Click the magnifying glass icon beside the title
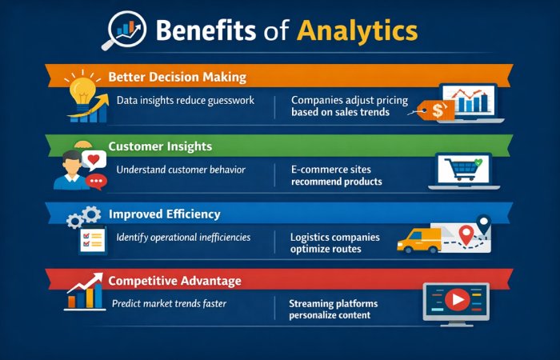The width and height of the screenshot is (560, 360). click(x=122, y=30)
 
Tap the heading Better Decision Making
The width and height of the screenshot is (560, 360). click(x=177, y=78)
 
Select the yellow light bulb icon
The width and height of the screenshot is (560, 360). click(x=82, y=88)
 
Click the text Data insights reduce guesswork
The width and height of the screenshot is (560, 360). click(x=186, y=102)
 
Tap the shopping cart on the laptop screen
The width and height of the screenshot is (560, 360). click(x=462, y=170)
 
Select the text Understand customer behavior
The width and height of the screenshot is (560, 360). click(x=181, y=170)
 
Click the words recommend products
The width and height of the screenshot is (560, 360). click(x=337, y=182)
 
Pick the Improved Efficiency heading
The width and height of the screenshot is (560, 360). click(x=164, y=214)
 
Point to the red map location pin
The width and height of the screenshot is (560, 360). click(x=482, y=226)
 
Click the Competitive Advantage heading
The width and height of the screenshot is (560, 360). click(x=174, y=281)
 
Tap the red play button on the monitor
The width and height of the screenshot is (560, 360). click(x=456, y=301)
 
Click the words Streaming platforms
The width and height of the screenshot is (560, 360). click(x=333, y=304)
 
